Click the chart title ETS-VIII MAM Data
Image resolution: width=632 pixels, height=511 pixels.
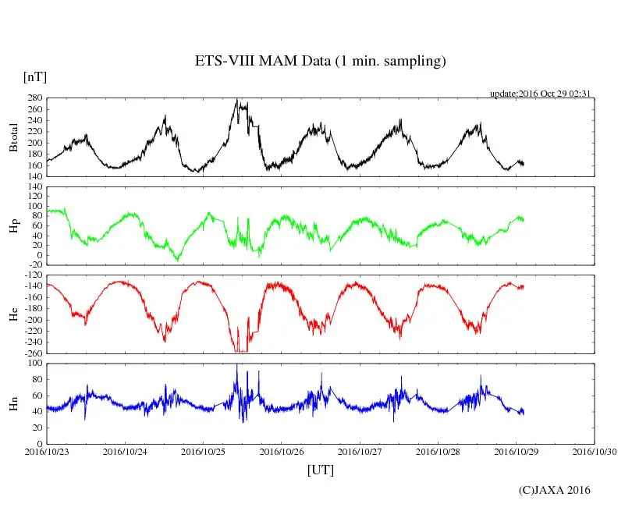tap(320, 62)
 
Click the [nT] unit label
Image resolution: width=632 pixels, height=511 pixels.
tap(35, 76)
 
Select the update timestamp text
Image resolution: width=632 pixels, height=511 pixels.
tap(539, 94)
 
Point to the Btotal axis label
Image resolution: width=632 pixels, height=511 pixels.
tap(13, 137)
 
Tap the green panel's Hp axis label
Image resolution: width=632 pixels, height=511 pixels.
tap(13, 226)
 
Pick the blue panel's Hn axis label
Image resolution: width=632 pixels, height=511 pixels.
tap(13, 403)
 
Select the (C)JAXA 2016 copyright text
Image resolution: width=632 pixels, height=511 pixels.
tap(555, 490)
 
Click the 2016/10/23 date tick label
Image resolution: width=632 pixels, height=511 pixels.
tap(47, 451)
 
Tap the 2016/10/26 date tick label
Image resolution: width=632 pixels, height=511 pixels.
tap(282, 451)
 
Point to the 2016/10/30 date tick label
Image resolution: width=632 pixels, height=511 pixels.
tap(595, 451)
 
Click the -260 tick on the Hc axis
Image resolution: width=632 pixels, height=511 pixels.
tap(33, 353)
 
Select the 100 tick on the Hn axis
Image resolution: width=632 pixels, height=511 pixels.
tap(35, 364)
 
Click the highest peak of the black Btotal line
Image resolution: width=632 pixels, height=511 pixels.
tap(237, 100)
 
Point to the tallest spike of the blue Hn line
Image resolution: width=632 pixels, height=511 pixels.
tap(237, 364)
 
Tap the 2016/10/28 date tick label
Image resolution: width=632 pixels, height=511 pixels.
tap(438, 451)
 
